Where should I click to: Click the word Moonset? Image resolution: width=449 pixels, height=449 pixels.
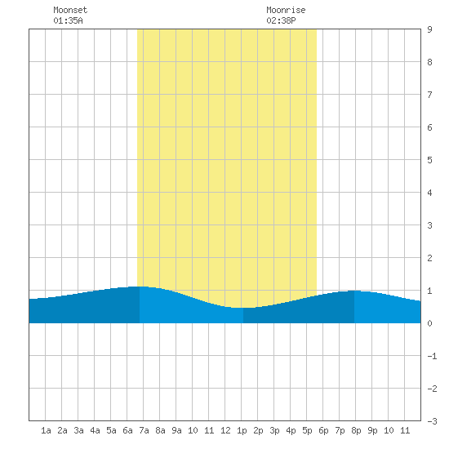point(70,10)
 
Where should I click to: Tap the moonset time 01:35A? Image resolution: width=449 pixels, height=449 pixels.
point(68,20)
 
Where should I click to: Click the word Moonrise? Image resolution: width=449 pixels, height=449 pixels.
point(286,10)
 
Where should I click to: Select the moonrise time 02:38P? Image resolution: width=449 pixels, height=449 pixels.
point(281,20)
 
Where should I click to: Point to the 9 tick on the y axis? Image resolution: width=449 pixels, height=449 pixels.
point(429,29)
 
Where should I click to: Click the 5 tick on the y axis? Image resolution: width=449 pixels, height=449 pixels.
point(429,160)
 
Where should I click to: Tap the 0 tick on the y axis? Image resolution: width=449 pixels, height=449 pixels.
point(429,323)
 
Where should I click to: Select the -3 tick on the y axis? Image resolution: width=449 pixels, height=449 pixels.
point(432,421)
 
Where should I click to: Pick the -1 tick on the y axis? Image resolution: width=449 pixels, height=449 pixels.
point(432,356)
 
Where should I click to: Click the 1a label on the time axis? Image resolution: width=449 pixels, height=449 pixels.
point(46,430)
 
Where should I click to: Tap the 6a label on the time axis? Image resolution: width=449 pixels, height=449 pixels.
point(127,430)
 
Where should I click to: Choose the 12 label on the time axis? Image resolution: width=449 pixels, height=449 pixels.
point(225,430)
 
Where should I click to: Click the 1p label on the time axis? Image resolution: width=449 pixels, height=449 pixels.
point(242,430)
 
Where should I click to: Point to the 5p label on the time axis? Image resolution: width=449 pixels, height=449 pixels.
point(307,430)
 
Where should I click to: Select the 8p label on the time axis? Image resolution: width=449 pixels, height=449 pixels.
point(356,430)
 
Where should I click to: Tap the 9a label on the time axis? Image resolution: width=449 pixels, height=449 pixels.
point(176,430)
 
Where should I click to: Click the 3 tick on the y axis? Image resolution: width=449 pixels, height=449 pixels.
point(429,225)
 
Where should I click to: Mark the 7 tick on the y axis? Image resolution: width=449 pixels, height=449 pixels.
point(429,95)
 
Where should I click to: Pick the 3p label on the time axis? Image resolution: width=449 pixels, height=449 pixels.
point(274,430)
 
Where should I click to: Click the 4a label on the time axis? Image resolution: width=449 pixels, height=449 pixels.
point(95,430)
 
